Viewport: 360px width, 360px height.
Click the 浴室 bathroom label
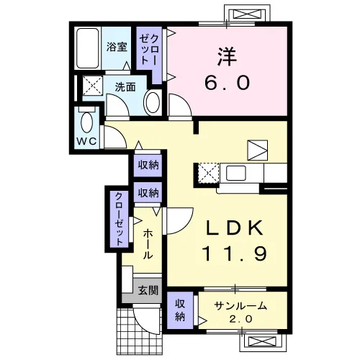point(117,47)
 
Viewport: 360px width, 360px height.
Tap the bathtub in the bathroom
point(88,48)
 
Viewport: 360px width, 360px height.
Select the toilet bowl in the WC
point(87,122)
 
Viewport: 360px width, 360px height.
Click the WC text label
point(86,141)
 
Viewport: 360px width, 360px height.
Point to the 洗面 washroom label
point(125,87)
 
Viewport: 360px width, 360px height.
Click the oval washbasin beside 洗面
point(153,103)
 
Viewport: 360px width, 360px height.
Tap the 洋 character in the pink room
point(227,57)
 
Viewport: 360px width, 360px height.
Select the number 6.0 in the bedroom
point(228,82)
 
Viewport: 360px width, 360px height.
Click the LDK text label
point(235,228)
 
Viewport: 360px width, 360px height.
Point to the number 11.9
point(235,253)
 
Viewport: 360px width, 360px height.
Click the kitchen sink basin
point(236,174)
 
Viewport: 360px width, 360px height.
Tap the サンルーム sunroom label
point(240,306)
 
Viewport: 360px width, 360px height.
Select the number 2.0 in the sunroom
point(240,319)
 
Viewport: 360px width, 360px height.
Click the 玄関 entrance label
point(148,291)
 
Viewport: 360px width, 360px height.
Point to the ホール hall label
point(148,244)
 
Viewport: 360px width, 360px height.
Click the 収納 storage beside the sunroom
point(180,310)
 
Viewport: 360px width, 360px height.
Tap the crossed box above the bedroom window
point(247,14)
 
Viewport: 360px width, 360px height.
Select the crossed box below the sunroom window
point(262,341)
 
